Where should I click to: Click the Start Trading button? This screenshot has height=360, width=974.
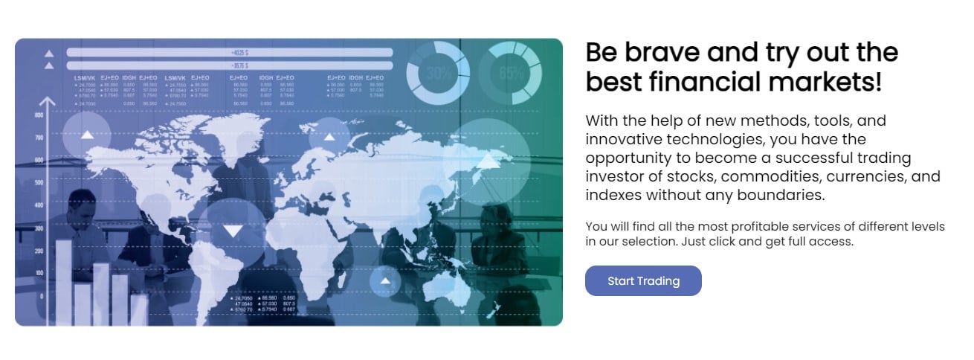[x=643, y=281]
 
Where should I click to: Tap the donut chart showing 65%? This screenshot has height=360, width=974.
[x=510, y=73]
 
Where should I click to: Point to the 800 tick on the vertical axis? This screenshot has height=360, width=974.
[x=39, y=116]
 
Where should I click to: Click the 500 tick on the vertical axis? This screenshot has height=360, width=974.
[x=39, y=183]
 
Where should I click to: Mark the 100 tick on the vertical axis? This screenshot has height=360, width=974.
[x=39, y=274]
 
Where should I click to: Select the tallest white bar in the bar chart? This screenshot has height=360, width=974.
[x=64, y=283]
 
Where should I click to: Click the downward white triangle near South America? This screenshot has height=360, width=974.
[x=233, y=231]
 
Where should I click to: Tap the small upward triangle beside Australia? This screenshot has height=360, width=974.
[x=385, y=281]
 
